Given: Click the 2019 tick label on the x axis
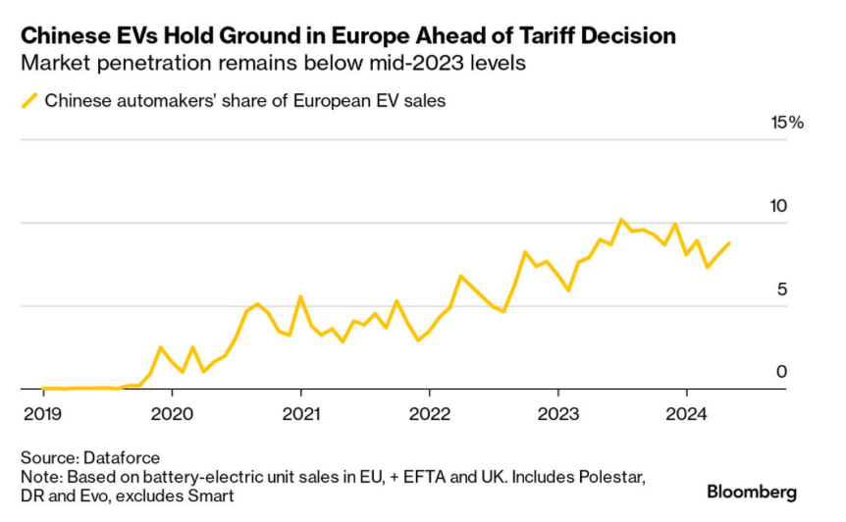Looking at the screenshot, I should [x=43, y=412].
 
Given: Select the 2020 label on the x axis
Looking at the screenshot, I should [x=172, y=412].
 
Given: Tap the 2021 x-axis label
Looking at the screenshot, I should [x=300, y=412].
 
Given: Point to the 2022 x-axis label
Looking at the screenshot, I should [x=429, y=412].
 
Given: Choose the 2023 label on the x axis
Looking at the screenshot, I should [x=558, y=412].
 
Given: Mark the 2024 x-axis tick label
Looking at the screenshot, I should [x=687, y=412].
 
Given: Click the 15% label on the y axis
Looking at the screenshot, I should [x=787, y=123].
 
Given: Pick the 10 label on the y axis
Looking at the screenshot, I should [x=779, y=206].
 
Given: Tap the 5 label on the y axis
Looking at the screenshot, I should [x=782, y=289].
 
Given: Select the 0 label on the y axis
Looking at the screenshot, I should [x=782, y=372].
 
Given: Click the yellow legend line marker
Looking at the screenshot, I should [x=29, y=100].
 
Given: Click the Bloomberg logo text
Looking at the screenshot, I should [x=752, y=492].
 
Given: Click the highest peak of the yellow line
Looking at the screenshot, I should [x=621, y=220].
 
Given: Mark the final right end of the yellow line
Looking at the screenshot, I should [x=729, y=242].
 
